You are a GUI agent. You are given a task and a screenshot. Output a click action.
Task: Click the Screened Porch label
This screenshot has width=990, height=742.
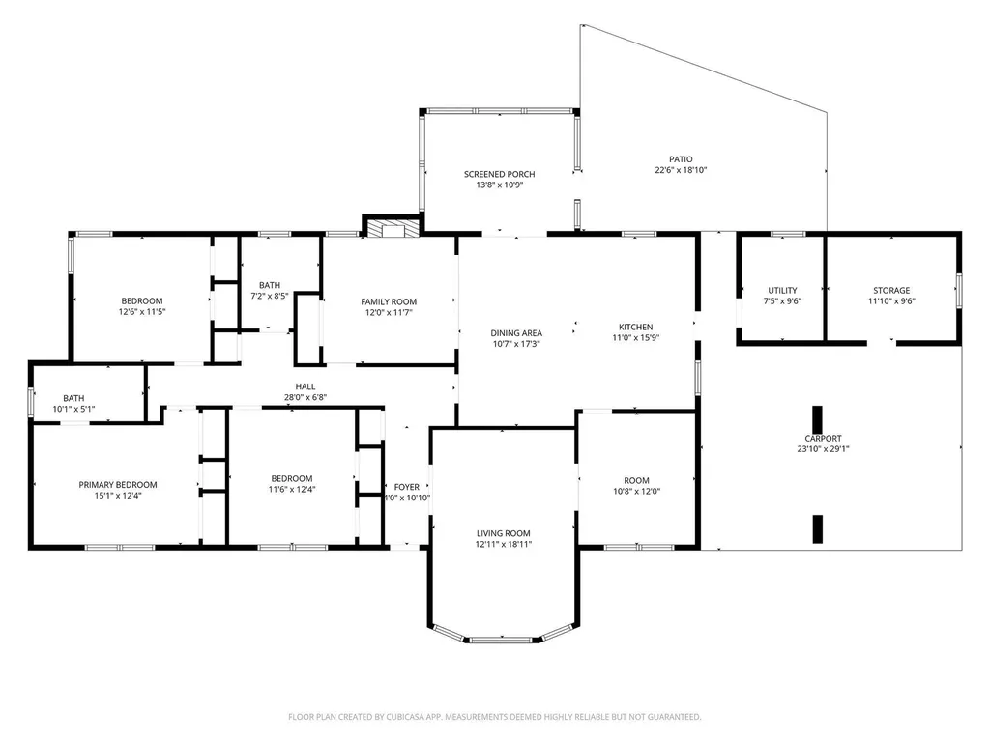tap(499, 174)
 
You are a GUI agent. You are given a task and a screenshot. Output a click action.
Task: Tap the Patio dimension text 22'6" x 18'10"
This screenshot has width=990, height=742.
tap(681, 170)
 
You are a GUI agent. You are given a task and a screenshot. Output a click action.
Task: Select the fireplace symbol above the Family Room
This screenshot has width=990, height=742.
tap(392, 228)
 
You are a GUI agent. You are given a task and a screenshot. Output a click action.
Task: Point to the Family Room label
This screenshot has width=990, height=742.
tap(389, 301)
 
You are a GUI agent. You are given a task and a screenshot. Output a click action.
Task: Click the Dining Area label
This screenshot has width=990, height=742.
tap(515, 332)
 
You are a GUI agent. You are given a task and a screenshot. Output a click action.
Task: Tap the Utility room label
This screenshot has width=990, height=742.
tap(782, 290)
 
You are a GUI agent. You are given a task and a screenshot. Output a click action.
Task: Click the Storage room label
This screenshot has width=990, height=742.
tap(891, 290)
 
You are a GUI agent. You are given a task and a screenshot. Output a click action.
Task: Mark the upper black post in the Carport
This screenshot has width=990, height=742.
tap(817, 419)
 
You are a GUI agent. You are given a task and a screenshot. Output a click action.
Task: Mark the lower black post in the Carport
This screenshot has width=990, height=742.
tap(817, 529)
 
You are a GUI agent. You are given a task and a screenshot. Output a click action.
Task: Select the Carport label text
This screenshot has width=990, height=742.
tap(818, 438)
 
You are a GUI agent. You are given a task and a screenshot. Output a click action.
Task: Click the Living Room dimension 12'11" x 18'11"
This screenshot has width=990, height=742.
tap(503, 544)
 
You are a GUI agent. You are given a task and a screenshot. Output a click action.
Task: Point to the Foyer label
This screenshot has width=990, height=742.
tap(406, 487)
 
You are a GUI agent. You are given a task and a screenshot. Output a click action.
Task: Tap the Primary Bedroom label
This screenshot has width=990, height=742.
tap(117, 485)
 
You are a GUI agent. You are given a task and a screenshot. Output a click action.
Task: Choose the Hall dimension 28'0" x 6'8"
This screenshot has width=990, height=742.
tap(306, 397)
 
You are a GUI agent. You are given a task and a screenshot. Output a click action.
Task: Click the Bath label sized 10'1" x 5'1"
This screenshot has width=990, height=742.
tap(73, 398)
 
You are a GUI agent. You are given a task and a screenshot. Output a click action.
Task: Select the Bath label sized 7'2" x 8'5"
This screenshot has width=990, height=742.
tap(269, 285)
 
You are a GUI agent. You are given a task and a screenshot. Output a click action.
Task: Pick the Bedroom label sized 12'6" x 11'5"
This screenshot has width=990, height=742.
tap(141, 300)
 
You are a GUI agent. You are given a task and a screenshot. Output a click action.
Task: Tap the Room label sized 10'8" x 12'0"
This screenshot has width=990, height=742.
tap(636, 480)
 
